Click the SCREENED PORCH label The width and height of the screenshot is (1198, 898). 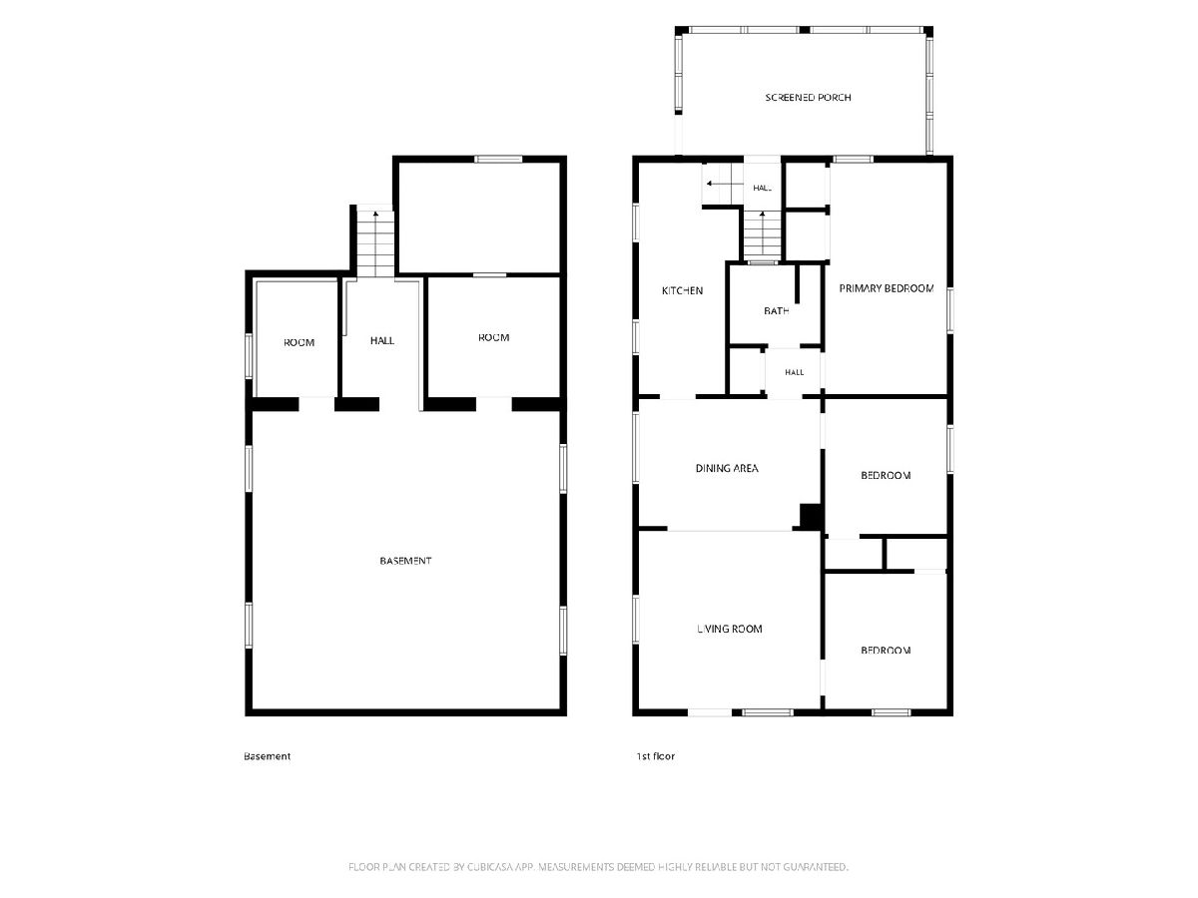[808, 98]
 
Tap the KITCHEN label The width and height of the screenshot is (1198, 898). [682, 291]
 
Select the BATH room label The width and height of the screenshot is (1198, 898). [776, 311]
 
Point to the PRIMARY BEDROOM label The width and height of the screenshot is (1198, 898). [886, 288]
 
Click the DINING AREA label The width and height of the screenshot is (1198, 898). [727, 468]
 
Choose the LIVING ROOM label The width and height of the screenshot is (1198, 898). [729, 629]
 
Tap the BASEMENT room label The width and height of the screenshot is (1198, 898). [405, 561]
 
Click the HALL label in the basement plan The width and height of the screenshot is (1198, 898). [382, 341]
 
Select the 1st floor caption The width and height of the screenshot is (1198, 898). [655, 756]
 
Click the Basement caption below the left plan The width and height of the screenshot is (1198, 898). [267, 756]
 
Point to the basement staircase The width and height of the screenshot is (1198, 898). [375, 243]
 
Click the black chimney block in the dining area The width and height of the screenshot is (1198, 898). [811, 516]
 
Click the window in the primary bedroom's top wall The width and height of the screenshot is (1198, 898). [853, 160]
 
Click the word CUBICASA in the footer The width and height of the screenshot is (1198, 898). [489, 866]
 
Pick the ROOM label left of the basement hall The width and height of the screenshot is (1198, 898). [299, 343]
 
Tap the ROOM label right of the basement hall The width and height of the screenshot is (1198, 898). [493, 338]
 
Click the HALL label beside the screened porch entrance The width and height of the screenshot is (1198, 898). [762, 189]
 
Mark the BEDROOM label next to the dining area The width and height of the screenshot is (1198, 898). [886, 476]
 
